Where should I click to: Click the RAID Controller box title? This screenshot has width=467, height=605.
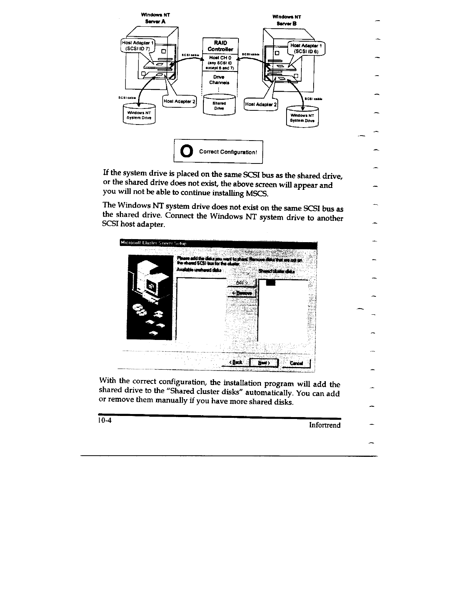[x=220, y=46]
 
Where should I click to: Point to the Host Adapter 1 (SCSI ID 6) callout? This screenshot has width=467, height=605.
[x=306, y=48]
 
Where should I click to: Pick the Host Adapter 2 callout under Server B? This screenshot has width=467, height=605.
[x=262, y=104]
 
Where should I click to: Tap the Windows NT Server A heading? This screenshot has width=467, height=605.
[x=155, y=18]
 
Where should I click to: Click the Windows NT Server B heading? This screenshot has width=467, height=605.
[x=287, y=20]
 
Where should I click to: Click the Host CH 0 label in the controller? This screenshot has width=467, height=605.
[x=219, y=57]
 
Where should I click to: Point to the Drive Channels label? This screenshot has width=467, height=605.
[x=219, y=79]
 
